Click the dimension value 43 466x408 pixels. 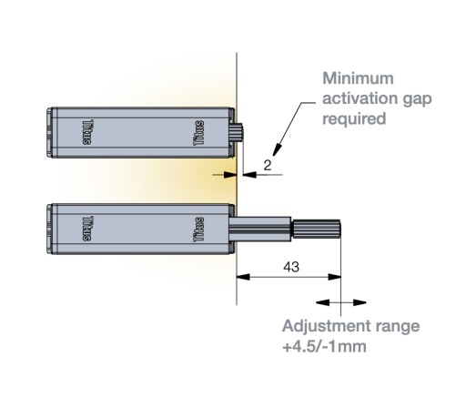(x=291, y=267)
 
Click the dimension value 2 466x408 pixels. (x=268, y=166)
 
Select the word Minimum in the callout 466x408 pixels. (x=358, y=78)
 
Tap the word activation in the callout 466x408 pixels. (x=360, y=98)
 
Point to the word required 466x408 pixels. (x=354, y=119)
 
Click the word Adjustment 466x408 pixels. (x=327, y=327)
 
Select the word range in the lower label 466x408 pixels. (x=398, y=327)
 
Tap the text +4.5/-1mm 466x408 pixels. (x=324, y=346)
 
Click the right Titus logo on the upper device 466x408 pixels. (x=198, y=133)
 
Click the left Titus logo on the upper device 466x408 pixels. (x=88, y=132)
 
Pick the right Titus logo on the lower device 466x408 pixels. (x=198, y=229)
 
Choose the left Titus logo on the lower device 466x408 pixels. (x=88, y=229)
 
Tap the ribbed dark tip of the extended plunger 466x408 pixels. (x=316, y=229)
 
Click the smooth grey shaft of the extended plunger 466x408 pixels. (x=260, y=229)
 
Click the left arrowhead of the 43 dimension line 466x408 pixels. (x=243, y=277)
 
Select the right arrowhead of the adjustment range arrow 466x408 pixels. (x=360, y=302)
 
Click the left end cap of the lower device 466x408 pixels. (x=50, y=229)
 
